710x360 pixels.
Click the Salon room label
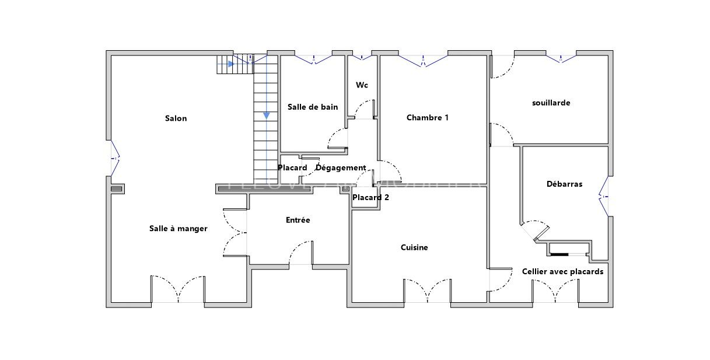[x=176, y=118]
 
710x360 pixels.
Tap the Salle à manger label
[x=178, y=229]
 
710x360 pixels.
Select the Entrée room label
[x=298, y=220]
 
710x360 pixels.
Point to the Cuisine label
[x=414, y=247]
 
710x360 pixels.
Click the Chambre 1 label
[x=428, y=118]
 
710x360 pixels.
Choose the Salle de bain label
[x=313, y=107]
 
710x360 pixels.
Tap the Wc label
[x=362, y=85]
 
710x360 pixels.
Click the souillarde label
[x=551, y=103]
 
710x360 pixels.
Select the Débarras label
[x=564, y=184]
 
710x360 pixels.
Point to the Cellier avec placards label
[x=562, y=271]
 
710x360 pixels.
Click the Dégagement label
[x=341, y=168]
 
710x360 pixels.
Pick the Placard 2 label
[x=370, y=197]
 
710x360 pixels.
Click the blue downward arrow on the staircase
[x=267, y=115]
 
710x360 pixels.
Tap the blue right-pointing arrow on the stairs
[x=231, y=64]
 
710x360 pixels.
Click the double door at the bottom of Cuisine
[x=428, y=291]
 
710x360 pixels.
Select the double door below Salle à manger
[x=178, y=289]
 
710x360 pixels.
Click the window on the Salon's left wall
[x=114, y=158]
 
